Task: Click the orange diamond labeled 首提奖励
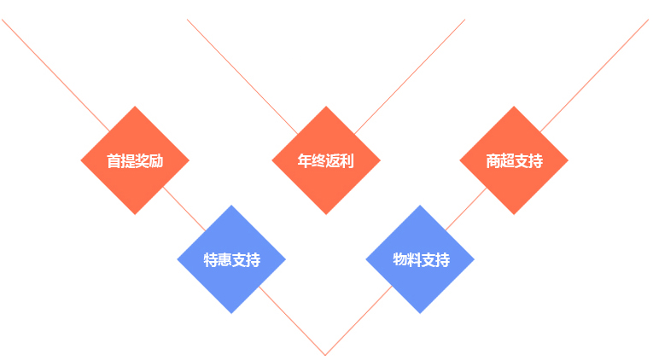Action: [135, 160]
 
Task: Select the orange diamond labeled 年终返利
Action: [326, 160]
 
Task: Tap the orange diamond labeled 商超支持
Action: [514, 160]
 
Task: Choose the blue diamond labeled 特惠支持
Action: [231, 259]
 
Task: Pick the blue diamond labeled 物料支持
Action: [420, 259]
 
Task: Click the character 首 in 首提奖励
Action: [114, 160]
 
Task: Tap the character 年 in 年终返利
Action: [304, 160]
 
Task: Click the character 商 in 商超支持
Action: [493, 160]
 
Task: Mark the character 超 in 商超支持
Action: [507, 160]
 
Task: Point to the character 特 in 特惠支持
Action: [210, 259]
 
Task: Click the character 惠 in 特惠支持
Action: [224, 259]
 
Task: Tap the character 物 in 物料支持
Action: [399, 259]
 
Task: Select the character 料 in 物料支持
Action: [414, 259]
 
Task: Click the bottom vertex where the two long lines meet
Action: [325, 354]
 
